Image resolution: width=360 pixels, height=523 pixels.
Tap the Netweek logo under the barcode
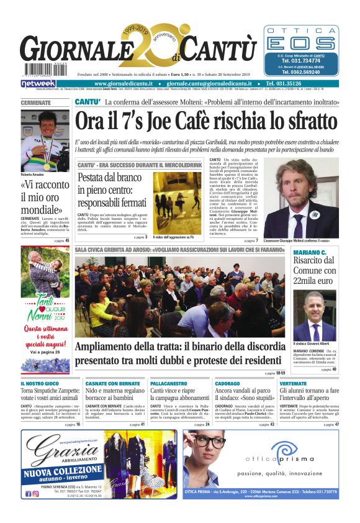[38, 83]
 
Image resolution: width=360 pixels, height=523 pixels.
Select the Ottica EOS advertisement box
[302, 52]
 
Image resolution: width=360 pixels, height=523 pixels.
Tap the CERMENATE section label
[36, 102]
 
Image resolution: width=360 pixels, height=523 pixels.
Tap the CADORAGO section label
[228, 384]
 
